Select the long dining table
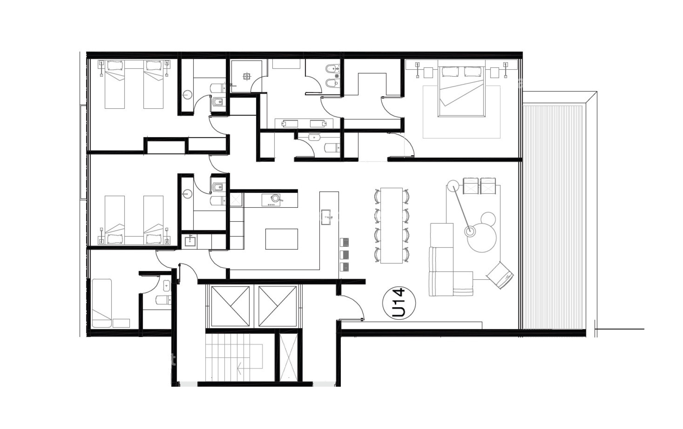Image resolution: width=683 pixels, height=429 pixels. click(x=391, y=226)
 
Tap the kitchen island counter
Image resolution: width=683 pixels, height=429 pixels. click(x=281, y=239)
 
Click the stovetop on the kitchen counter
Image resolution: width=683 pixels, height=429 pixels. click(x=275, y=200)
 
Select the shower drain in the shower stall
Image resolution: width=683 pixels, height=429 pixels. click(x=247, y=76)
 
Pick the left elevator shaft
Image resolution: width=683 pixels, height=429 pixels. click(x=230, y=306)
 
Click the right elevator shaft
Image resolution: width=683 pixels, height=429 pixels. click(x=277, y=306)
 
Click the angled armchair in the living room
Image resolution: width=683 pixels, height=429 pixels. click(x=500, y=275)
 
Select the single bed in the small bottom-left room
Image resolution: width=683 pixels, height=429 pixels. click(x=102, y=303)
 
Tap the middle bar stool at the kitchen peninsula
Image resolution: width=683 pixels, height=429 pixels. click(x=344, y=254)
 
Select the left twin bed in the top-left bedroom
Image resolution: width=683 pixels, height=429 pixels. click(x=115, y=85)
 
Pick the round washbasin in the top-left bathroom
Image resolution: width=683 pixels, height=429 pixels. click(x=187, y=95)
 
